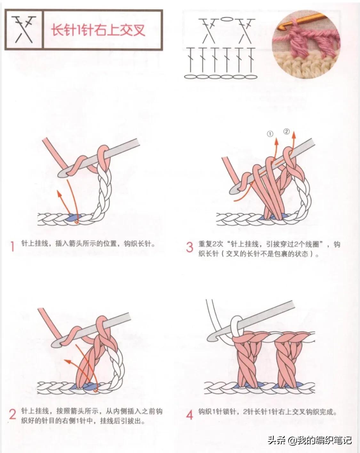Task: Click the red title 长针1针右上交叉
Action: tap(99, 30)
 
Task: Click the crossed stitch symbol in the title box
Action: tap(23, 30)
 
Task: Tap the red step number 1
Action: tap(12, 246)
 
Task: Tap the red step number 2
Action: tap(12, 415)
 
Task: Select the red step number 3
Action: tap(190, 247)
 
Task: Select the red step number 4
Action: tap(190, 415)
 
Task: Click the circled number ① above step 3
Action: tap(270, 134)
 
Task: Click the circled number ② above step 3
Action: tap(286, 131)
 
